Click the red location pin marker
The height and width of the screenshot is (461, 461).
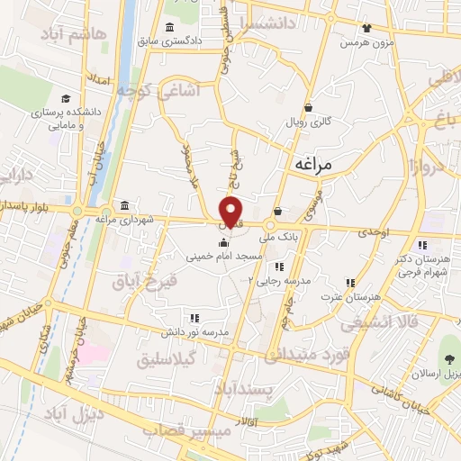point(231,212)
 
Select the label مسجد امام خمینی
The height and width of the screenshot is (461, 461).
point(224,257)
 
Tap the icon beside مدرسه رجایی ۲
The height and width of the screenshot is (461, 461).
point(279,267)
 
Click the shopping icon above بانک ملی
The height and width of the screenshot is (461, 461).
point(277,212)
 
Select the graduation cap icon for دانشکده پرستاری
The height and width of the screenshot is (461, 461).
point(66,98)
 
